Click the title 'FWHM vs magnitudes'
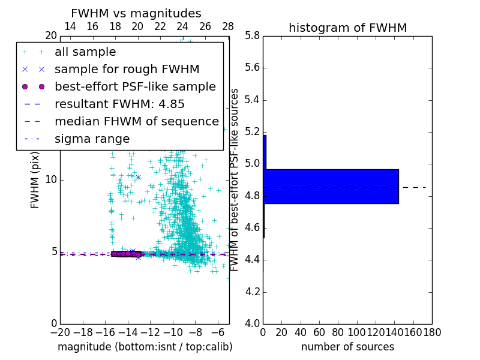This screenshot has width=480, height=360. tap(136, 14)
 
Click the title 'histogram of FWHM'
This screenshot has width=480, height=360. tap(347, 28)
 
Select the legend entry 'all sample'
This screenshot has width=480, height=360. tap(85, 52)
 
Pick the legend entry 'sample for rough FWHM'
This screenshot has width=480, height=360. tap(127, 70)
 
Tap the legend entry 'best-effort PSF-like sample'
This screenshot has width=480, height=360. tap(135, 87)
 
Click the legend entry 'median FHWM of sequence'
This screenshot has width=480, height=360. tap(137, 122)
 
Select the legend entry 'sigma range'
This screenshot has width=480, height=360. tap(92, 139)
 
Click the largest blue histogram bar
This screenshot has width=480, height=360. tap(331, 187)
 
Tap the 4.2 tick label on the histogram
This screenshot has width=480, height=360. tap(252, 292)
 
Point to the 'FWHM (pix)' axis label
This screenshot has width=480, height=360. tap(35, 180)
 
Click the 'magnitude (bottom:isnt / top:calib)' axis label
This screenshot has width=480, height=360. tap(145, 347)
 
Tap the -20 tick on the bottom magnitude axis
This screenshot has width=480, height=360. tap(60, 332)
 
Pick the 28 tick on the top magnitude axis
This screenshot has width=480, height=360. tap(228, 27)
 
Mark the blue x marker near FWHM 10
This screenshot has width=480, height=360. tap(138, 177)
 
